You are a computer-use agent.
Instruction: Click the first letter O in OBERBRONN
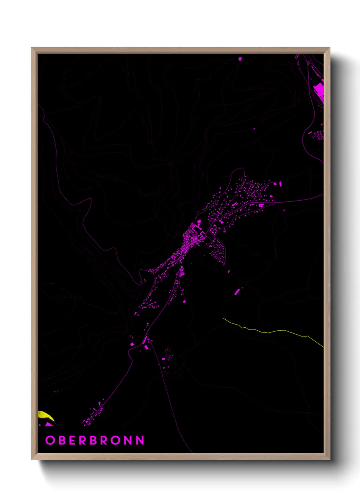[x=50, y=440]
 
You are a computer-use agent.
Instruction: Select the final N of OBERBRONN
[x=140, y=440]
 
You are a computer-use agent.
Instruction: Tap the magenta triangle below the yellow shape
[x=49, y=424]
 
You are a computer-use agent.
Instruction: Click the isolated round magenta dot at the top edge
[x=240, y=59]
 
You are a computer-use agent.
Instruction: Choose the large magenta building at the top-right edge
[x=319, y=89]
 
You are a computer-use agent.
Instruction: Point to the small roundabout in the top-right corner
[x=310, y=62]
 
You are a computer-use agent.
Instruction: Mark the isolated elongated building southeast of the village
[x=237, y=292]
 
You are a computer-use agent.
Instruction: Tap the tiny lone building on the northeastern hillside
[x=254, y=129]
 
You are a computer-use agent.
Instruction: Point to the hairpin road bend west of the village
[x=140, y=282]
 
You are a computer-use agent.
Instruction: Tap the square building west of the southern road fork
[x=132, y=344]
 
